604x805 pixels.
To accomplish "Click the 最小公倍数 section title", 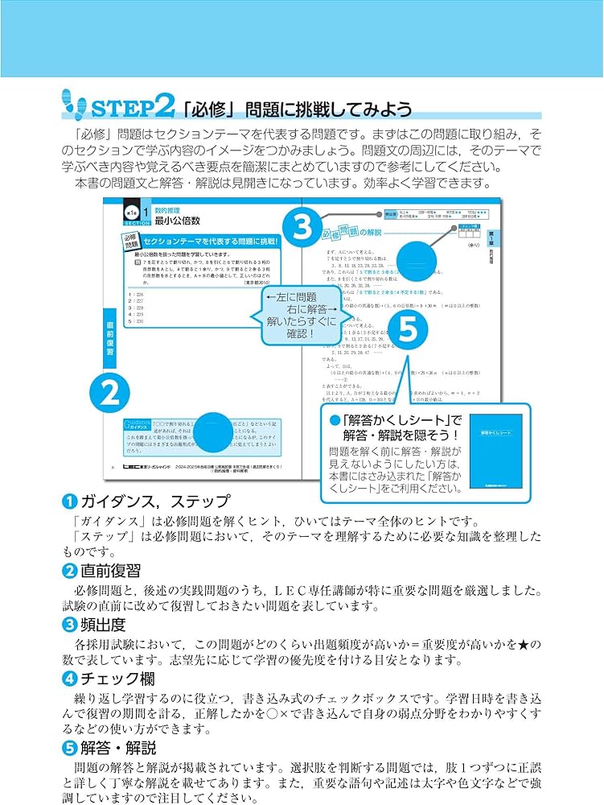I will (177, 219).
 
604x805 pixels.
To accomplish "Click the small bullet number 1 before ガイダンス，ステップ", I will (69, 502).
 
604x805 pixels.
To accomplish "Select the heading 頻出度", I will (102, 625).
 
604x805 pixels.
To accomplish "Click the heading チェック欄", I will (110, 679).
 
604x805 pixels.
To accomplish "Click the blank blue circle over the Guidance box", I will (212, 432).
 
